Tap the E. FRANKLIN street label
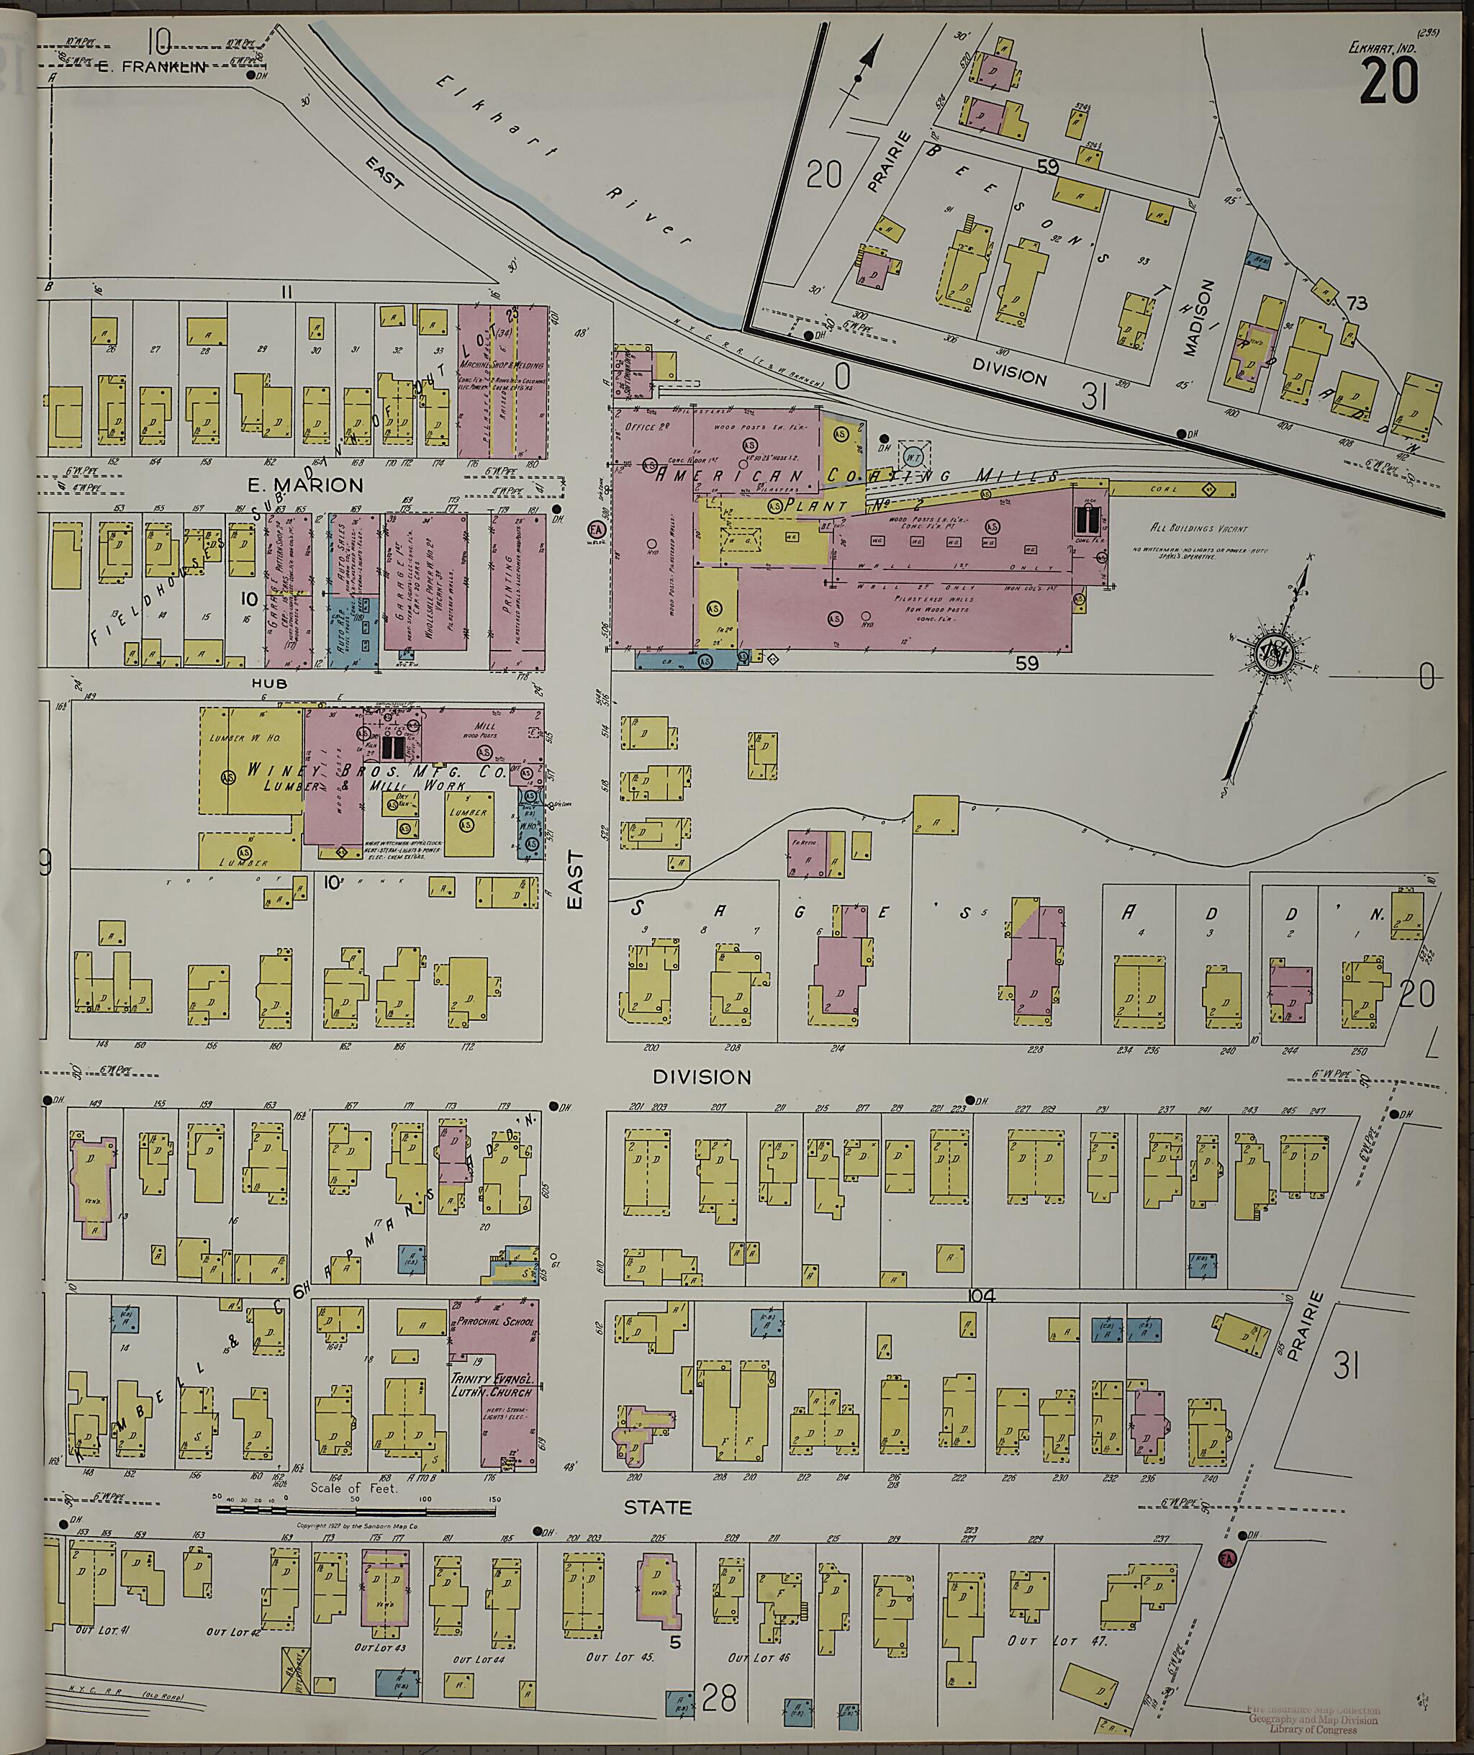click(x=150, y=68)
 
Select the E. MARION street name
click(x=305, y=484)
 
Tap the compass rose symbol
click(x=1273, y=654)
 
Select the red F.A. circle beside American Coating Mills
click(x=597, y=530)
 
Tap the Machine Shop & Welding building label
click(x=502, y=365)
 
